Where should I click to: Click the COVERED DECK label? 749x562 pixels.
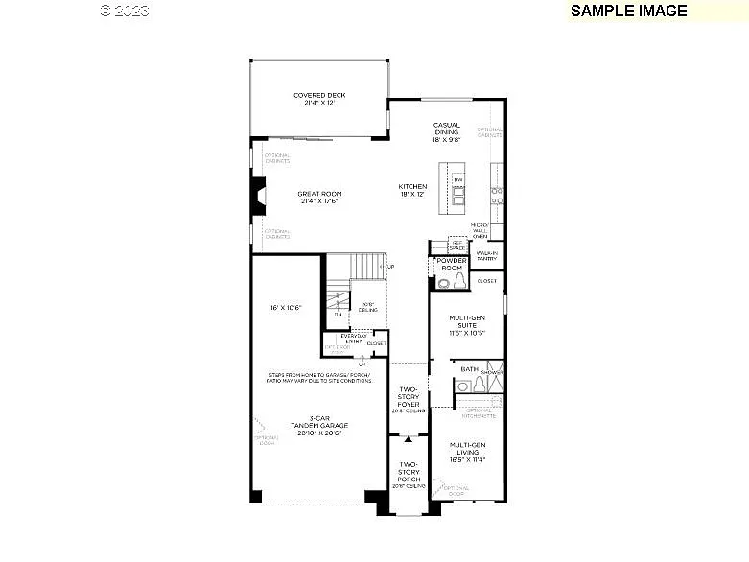coord(319,99)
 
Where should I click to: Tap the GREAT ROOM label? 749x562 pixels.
coord(319,198)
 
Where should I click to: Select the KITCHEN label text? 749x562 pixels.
coord(413,190)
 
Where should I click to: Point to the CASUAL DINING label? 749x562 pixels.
coord(447,131)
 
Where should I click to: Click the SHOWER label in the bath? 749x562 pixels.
coord(492,372)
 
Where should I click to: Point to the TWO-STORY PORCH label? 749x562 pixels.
coord(409,475)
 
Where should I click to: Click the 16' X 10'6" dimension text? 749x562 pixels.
coord(285,307)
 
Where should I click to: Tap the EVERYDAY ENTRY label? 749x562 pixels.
coord(341,338)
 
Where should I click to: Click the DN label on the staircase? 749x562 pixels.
coord(337,314)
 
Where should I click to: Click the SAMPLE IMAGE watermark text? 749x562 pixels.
coord(628,11)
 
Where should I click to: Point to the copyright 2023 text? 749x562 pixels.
coord(125,11)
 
